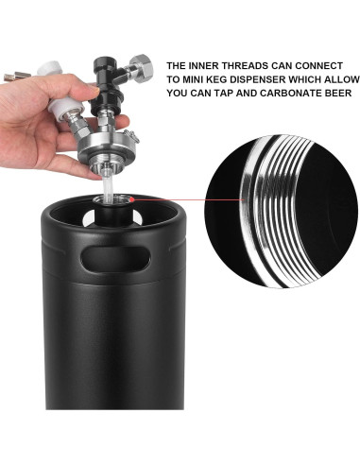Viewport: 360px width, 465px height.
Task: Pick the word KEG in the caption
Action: (206, 80)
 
